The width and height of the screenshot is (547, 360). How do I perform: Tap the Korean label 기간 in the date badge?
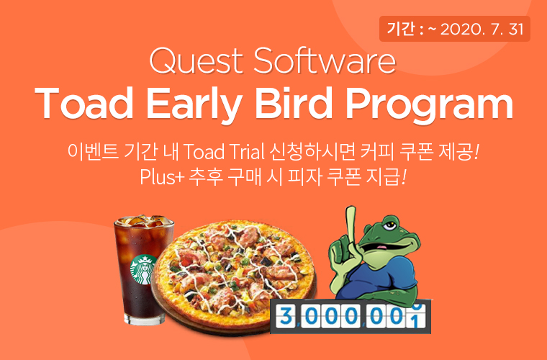[x=399, y=30]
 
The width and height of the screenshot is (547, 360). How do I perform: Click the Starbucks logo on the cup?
[x=143, y=272]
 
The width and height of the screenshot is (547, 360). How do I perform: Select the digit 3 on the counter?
[x=284, y=316]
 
